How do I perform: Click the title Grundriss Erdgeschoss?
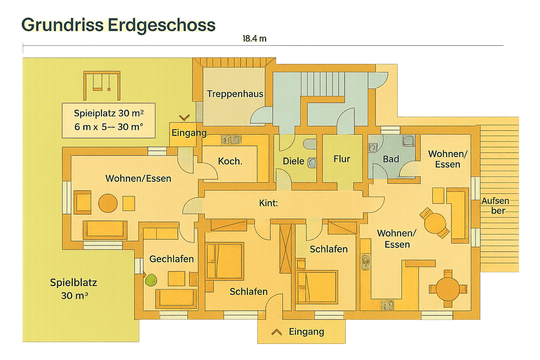(x=118, y=25)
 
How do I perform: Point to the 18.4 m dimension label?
(x=254, y=39)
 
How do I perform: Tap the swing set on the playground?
(x=102, y=85)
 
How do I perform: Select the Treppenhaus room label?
(x=235, y=94)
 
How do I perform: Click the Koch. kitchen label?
(x=230, y=161)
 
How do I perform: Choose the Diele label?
(x=293, y=161)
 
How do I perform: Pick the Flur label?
(x=342, y=159)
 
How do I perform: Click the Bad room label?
(x=391, y=159)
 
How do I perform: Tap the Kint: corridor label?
(x=268, y=203)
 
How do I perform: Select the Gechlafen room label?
(x=171, y=259)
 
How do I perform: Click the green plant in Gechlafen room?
(x=151, y=280)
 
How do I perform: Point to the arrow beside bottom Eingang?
(x=276, y=332)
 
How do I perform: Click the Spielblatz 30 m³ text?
(x=73, y=289)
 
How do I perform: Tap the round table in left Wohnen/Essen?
(x=108, y=203)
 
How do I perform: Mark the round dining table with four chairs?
(x=448, y=289)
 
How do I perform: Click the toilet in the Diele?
(x=312, y=163)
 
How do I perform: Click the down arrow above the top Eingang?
(x=184, y=118)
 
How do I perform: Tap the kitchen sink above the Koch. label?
(x=231, y=139)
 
